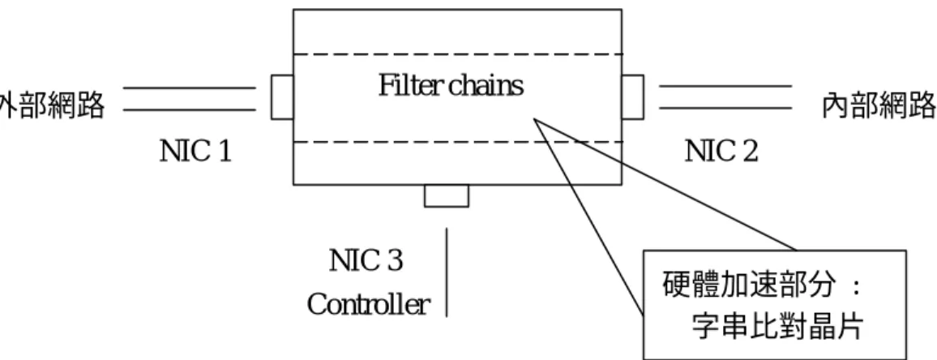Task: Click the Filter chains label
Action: pyautogui.click(x=451, y=86)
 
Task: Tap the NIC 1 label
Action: pyautogui.click(x=195, y=152)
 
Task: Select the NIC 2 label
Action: pyautogui.click(x=721, y=152)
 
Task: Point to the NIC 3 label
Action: pyautogui.click(x=366, y=261)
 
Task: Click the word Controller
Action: pyautogui.click(x=369, y=304)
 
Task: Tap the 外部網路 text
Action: pyautogui.click(x=52, y=106)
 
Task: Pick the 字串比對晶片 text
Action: pyautogui.click(x=777, y=327)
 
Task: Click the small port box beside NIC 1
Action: pyautogui.click(x=282, y=96)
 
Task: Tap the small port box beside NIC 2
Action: pyautogui.click(x=633, y=96)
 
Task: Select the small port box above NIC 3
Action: pyautogui.click(x=447, y=196)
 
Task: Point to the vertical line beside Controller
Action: pyautogui.click(x=447, y=272)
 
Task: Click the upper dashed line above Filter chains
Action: pyautogui.click(x=458, y=54)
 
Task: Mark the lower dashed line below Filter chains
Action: pyautogui.click(x=458, y=143)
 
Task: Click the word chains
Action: pyautogui.click(x=486, y=86)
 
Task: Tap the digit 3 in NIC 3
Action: pyautogui.click(x=393, y=261)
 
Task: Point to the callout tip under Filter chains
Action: pyautogui.click(x=535, y=119)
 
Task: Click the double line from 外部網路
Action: pyautogui.click(x=190, y=99)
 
